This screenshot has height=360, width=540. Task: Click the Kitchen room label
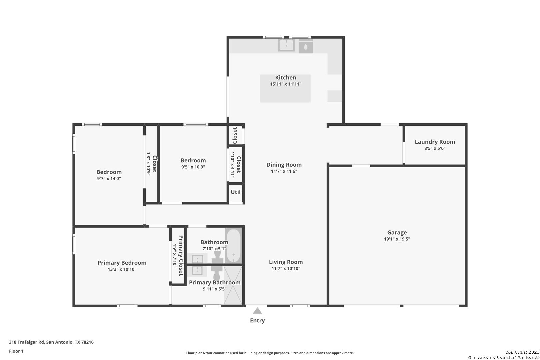(286, 78)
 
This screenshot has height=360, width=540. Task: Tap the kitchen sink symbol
(286, 45)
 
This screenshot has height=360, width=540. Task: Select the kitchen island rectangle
(285, 88)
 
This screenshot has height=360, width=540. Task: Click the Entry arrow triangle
(257, 311)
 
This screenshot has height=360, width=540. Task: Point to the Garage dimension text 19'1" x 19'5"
(397, 239)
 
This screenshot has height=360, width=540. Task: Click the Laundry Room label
(435, 142)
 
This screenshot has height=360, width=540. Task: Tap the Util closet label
(236, 192)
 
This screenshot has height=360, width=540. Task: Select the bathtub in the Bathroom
(233, 245)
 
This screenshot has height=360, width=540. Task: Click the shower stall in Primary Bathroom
(233, 285)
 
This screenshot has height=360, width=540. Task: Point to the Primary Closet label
(181, 256)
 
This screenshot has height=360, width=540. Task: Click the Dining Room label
(284, 165)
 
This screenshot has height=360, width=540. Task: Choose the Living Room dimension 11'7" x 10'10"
(286, 268)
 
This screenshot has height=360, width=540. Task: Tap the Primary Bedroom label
(122, 263)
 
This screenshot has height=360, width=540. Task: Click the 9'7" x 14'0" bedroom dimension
(109, 178)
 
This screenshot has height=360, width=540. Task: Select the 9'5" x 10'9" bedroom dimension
(193, 167)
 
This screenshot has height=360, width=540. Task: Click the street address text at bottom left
(51, 342)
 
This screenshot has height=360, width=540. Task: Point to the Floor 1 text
(16, 351)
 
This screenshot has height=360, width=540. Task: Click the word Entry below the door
(257, 320)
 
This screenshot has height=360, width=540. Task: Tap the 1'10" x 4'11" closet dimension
(233, 165)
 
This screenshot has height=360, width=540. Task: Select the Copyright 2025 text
(522, 352)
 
